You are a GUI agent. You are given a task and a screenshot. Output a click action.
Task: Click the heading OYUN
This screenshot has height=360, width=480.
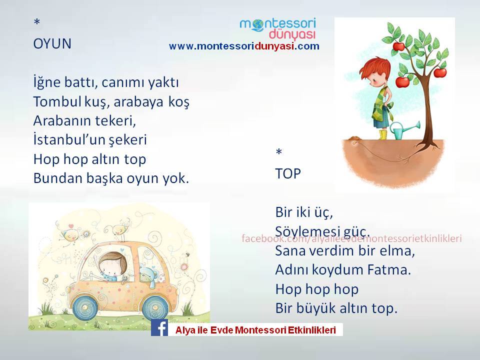tap(52, 44)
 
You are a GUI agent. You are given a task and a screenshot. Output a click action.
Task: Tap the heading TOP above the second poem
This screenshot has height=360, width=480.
tap(288, 174)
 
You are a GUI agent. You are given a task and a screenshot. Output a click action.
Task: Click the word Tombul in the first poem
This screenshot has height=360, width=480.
tap(57, 101)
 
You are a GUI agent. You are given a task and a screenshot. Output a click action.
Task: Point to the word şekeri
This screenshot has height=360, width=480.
tap(126, 140)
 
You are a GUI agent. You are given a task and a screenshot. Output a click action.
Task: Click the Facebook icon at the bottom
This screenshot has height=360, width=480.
tap(159, 327)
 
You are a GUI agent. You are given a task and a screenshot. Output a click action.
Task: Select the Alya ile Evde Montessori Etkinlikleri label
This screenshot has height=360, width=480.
tap(255, 330)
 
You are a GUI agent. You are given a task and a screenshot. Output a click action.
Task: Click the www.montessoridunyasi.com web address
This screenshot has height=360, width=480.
tap(244, 46)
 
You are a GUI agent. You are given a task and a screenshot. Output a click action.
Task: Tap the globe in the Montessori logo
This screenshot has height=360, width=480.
tap(258, 25)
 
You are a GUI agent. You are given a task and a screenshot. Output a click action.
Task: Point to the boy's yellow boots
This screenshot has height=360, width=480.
tap(383, 134)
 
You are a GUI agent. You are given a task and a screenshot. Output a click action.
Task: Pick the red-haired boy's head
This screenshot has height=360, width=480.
tap(375, 72)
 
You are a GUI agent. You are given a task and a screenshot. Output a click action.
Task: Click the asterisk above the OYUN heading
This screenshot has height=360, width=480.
tap(37, 21)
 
